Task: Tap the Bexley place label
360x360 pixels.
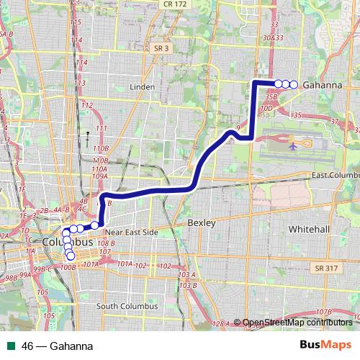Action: pos(201,223)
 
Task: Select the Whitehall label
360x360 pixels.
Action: pos(308,228)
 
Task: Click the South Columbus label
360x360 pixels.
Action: pos(127,306)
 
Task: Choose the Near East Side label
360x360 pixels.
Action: pos(131,233)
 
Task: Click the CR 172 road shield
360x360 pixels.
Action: pos(174,4)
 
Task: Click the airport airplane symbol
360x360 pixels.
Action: pos(293,145)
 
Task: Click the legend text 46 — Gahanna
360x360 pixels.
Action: pos(58,346)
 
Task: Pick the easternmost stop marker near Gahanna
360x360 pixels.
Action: pos(294,84)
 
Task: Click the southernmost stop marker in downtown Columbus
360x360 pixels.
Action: pos(71,256)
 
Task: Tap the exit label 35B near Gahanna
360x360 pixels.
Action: pos(271,95)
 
